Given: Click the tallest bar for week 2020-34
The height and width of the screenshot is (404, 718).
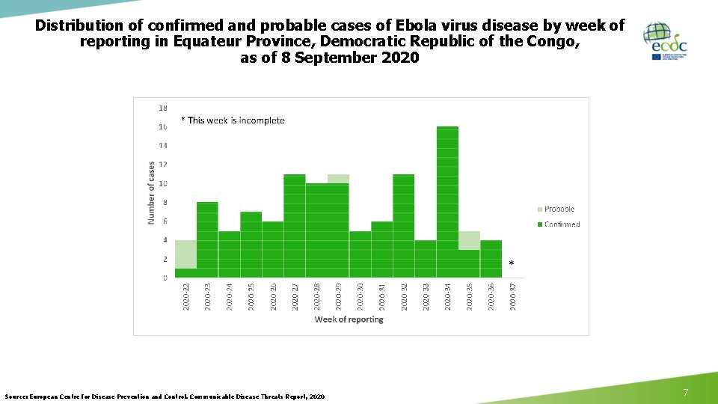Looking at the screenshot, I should (447, 202).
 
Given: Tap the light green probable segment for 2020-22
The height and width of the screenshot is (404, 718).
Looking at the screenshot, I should (185, 254).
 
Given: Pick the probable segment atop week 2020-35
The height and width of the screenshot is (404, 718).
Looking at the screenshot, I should (469, 240).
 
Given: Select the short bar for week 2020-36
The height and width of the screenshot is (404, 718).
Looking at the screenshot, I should (491, 259).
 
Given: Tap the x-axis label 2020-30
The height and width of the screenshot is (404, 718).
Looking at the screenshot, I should (360, 296).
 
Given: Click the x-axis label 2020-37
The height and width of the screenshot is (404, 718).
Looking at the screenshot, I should (513, 296).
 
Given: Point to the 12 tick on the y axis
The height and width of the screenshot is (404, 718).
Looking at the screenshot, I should (162, 165).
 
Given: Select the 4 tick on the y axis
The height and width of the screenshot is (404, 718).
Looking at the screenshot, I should (164, 240).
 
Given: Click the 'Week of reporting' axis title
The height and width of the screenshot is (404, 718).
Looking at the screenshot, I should (349, 319).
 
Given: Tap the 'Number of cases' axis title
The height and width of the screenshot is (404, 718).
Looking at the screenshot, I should (151, 193).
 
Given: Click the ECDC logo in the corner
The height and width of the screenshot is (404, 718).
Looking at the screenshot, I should (665, 41).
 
